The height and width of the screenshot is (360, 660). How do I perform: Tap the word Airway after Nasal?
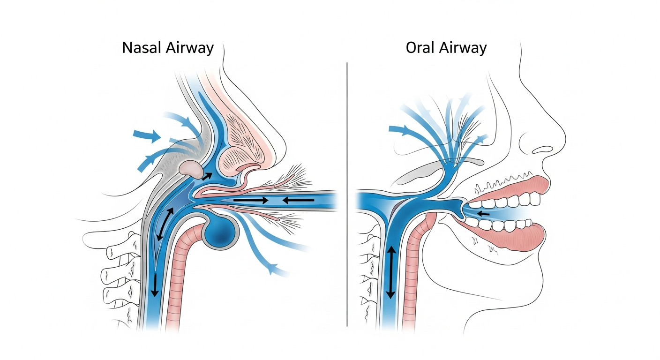click(190, 48)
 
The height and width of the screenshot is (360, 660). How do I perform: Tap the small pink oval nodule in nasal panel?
click(191, 168)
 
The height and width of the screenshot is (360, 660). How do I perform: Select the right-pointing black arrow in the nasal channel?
click(251, 200)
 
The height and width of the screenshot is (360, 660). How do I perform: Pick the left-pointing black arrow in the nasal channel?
click(299, 200)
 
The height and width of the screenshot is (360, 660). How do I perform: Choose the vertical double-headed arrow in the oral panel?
click(390, 272)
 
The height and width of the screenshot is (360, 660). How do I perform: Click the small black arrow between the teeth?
click(483, 214)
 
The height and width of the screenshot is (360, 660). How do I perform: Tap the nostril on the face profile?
click(543, 150)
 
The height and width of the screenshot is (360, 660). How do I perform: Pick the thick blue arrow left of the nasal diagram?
click(146, 136)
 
